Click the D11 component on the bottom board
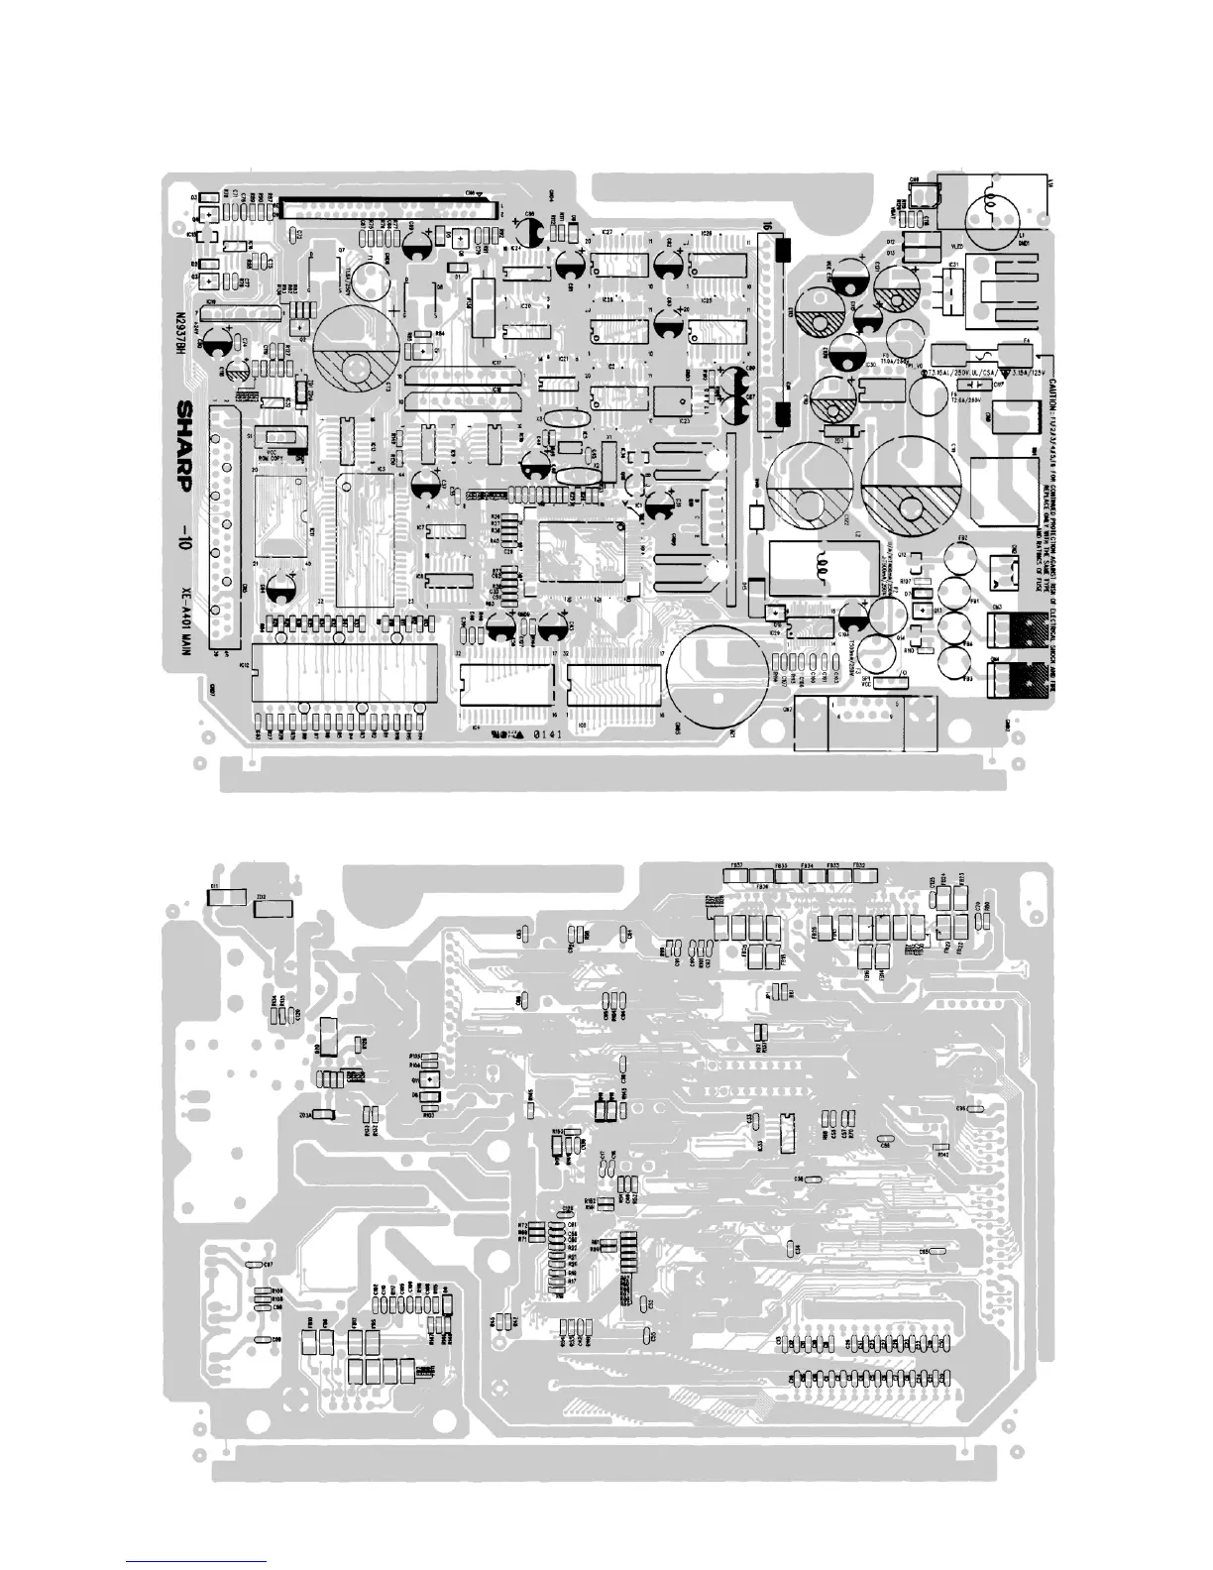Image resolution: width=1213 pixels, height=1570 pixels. (x=225, y=896)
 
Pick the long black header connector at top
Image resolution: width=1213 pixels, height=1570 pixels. (x=387, y=208)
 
